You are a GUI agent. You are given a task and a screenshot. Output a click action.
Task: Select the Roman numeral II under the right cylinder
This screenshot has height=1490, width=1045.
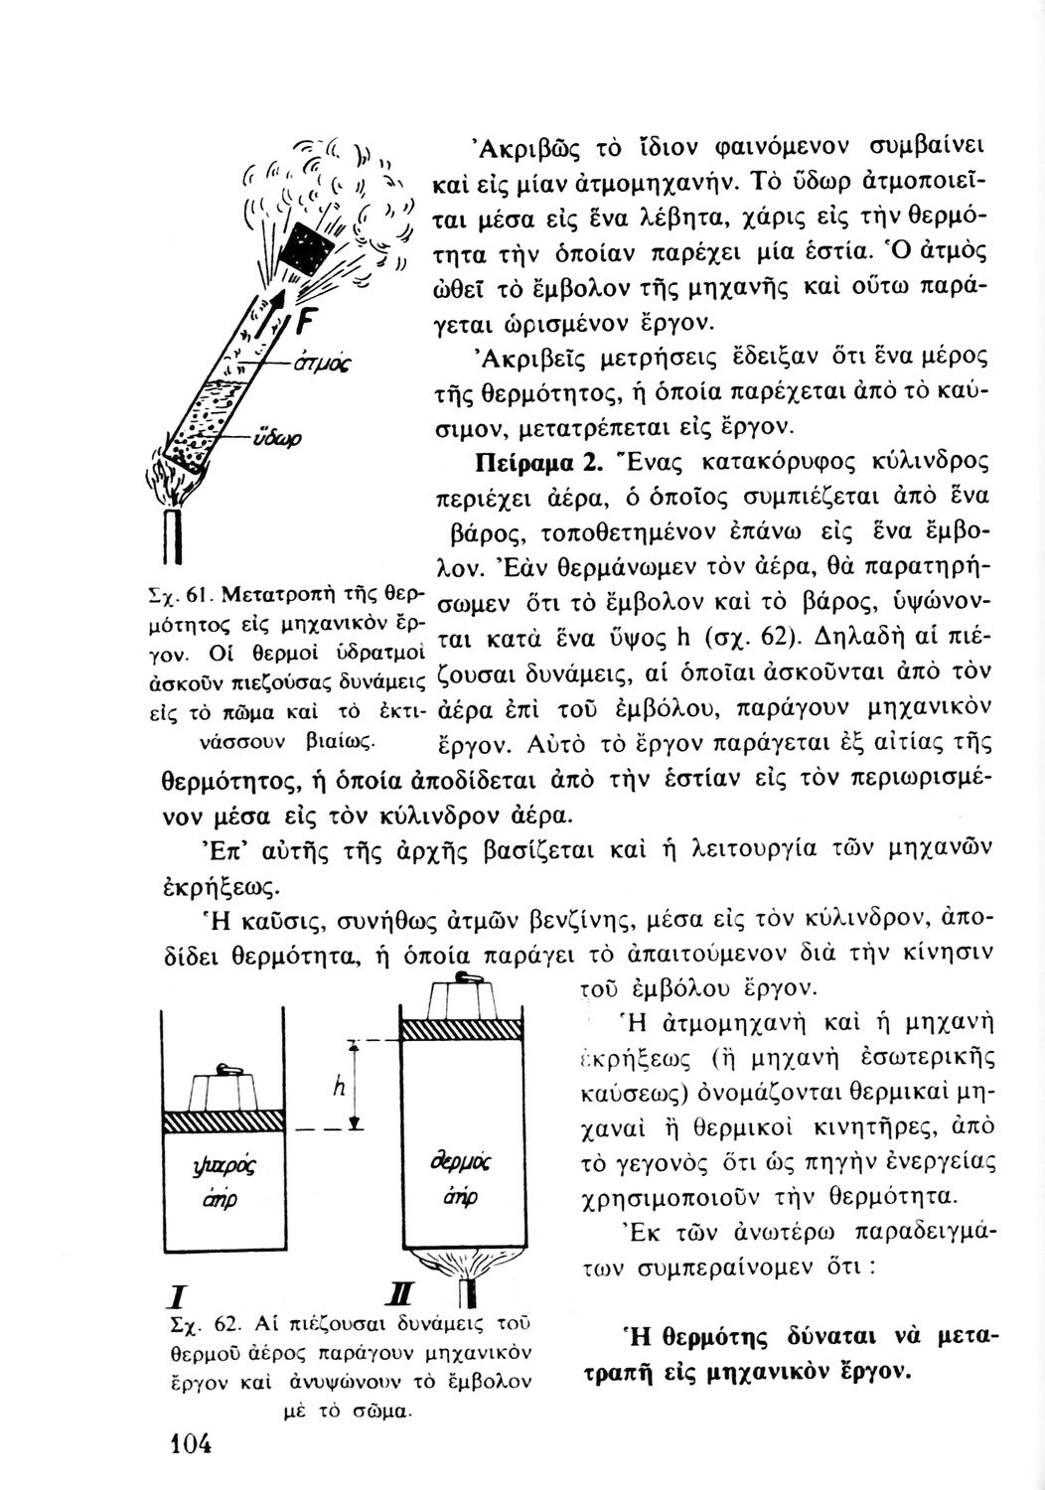tap(407, 1296)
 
